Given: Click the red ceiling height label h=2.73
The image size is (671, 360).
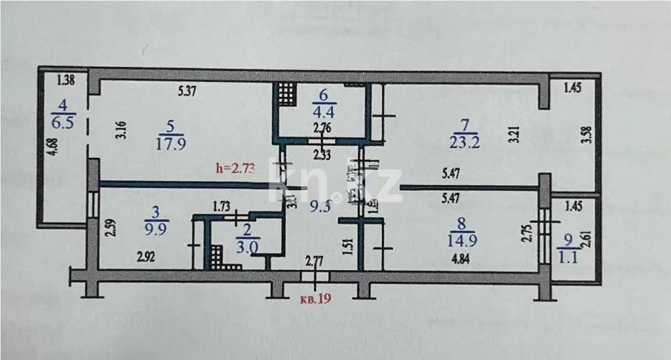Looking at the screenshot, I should coord(233,169).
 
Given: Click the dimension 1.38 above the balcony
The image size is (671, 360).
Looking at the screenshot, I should coord(67,81).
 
